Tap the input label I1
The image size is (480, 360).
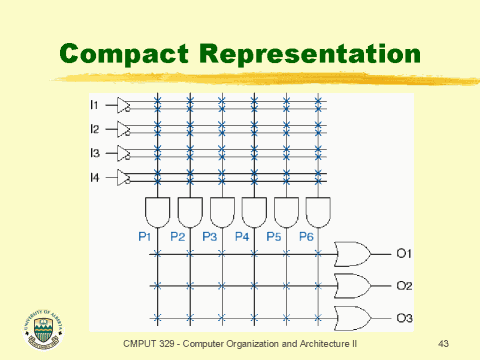(95, 104)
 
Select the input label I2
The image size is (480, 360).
(95, 129)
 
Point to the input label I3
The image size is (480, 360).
(95, 154)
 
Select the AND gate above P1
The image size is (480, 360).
(158, 212)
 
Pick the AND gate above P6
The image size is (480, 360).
(318, 212)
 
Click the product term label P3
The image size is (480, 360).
(210, 236)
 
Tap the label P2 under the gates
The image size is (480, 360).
(178, 236)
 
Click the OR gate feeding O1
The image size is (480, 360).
(352, 253)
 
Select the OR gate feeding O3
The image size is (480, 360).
(352, 318)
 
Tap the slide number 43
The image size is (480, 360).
(445, 343)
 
